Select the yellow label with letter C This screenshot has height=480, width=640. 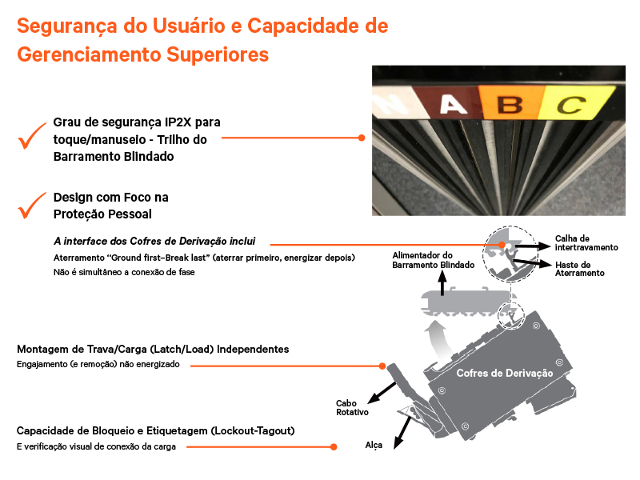pos(570,104)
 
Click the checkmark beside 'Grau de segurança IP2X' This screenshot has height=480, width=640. pos(32,138)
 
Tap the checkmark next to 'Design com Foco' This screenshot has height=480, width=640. pos(32,206)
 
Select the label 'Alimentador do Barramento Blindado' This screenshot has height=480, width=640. pos(433,260)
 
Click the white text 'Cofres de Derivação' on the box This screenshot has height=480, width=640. pos(504,374)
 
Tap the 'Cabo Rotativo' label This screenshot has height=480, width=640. pos(352,407)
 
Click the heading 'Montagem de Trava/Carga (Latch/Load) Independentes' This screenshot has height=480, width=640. pos(153,350)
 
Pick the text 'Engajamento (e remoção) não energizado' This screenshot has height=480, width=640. pos(98,364)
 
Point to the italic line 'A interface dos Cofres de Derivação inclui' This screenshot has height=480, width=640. pos(154,241)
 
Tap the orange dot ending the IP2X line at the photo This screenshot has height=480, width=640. pos(362,138)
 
